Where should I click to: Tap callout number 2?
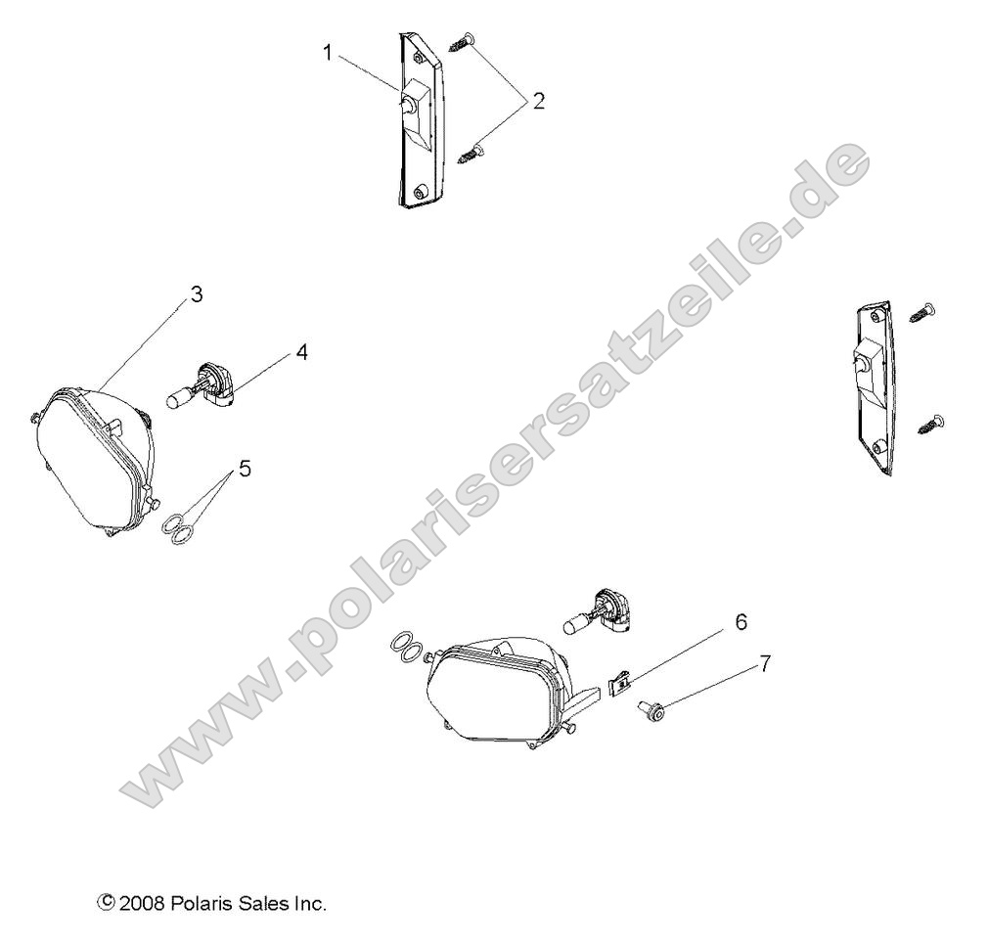pos(538,101)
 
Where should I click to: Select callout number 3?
pos(197,293)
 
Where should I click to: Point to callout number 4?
pos(302,352)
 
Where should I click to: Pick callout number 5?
pos(245,469)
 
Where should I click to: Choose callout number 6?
pos(741,621)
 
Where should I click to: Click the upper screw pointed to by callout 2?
pos(462,41)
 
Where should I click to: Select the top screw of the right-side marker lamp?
pos(922,313)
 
